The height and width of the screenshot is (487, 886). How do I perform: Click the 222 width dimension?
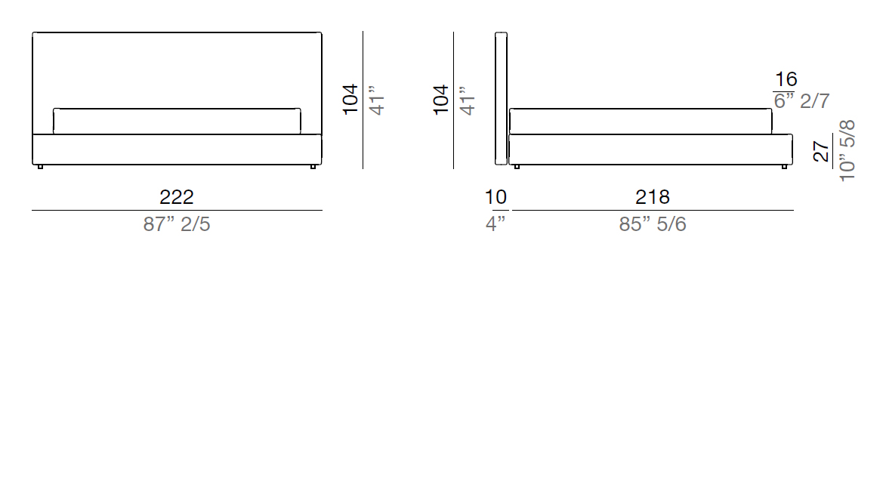[177, 197]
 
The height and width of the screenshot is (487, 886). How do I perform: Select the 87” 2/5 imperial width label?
[177, 224]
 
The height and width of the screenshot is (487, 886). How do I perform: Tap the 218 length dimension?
[653, 197]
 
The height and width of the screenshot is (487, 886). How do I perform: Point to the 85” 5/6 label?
[653, 224]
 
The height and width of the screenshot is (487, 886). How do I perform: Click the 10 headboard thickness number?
[496, 197]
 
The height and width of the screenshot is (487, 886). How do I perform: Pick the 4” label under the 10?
[495, 224]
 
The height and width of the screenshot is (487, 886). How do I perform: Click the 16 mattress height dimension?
[786, 80]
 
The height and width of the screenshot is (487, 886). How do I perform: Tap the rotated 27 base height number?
[821, 152]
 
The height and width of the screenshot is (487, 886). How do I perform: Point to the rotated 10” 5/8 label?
[847, 150]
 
